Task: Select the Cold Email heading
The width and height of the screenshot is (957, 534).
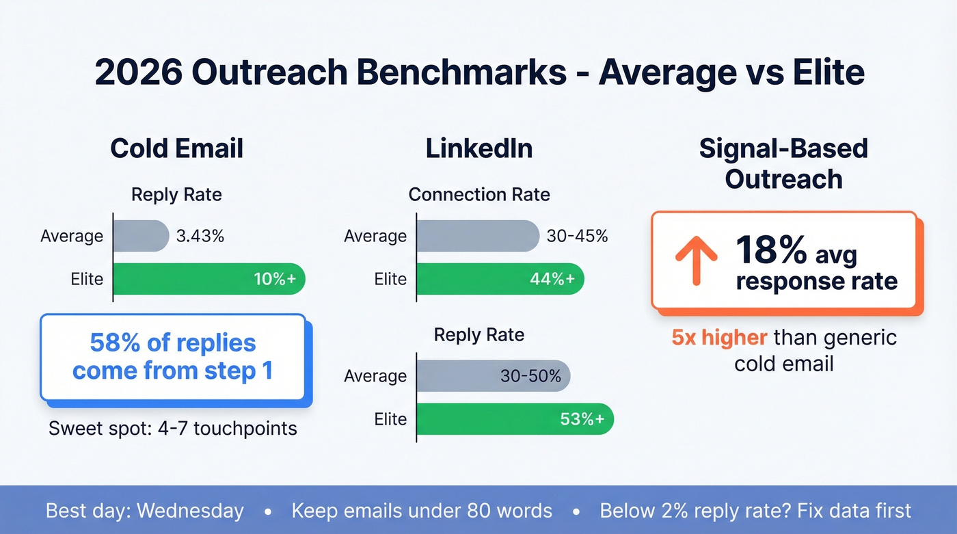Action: [176, 148]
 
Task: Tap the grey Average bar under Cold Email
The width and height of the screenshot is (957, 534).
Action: [141, 237]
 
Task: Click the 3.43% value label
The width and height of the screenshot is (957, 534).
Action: [200, 237]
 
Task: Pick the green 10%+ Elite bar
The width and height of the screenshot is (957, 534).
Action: [208, 279]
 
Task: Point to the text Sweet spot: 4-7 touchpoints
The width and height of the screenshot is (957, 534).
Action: [173, 429]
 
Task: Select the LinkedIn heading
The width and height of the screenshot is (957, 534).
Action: [478, 148]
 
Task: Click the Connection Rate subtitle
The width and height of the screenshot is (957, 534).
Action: [478, 195]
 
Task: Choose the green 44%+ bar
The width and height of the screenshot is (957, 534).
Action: [499, 279]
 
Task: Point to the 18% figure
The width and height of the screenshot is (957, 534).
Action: [771, 251]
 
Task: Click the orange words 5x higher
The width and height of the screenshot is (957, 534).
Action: [719, 338]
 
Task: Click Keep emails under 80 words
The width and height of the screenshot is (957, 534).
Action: [422, 511]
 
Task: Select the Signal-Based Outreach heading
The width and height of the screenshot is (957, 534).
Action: [783, 164]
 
